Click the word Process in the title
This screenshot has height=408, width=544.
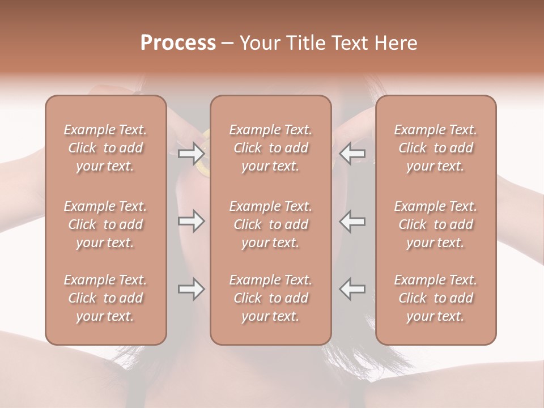tap(178, 43)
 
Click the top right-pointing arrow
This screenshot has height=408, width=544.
tap(191, 153)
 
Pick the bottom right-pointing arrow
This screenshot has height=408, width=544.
tap(191, 289)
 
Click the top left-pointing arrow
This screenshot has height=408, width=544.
tap(352, 153)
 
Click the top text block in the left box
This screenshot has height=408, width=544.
tap(105, 148)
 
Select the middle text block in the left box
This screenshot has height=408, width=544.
tap(105, 224)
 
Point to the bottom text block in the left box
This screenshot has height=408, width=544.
tap(105, 298)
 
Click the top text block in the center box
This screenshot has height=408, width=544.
tap(270, 148)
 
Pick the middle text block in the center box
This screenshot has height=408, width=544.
tap(270, 224)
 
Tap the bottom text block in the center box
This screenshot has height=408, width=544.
tap(270, 298)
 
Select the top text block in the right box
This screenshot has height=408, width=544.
tap(435, 148)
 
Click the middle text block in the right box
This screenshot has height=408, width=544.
tap(435, 224)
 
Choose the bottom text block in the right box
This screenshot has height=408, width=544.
tap(435, 298)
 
